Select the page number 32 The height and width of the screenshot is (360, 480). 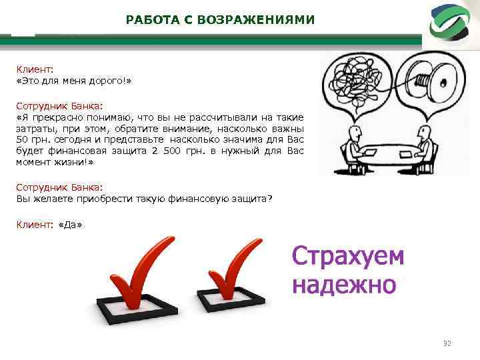point(447,343)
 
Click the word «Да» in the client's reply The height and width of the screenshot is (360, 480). point(71,225)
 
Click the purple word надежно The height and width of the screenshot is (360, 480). point(344,285)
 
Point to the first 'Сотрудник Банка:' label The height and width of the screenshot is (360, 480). point(59,105)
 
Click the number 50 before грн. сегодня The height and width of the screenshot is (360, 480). point(21,140)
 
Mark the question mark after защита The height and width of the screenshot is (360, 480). point(270,199)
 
